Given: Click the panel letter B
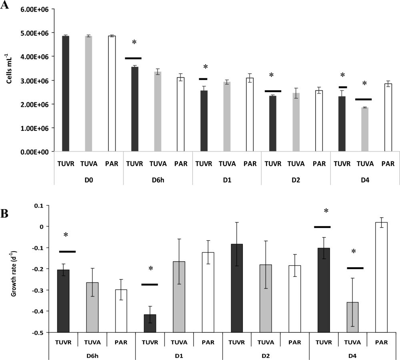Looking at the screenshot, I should click(5, 213).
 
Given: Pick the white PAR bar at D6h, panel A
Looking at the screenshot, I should click(181, 114).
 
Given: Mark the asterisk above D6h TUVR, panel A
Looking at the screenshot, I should click(134, 42).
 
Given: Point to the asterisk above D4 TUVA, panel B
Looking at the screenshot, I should click(353, 252).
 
